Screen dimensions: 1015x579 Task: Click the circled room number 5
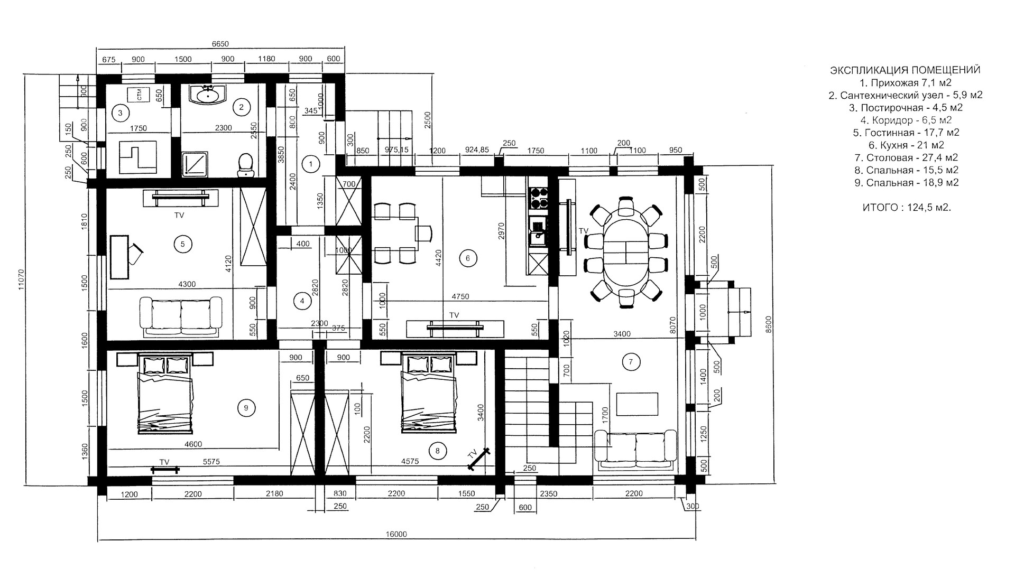[x=182, y=244]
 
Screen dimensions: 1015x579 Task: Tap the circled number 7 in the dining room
[x=631, y=362]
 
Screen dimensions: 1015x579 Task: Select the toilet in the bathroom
[x=246, y=164]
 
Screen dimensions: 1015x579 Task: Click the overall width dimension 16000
[x=396, y=534]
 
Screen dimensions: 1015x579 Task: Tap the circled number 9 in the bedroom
[x=246, y=407]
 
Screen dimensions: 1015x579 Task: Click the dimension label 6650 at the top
[x=220, y=44]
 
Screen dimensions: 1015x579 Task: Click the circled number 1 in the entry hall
[x=311, y=164]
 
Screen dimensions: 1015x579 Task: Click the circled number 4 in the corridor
[x=302, y=301]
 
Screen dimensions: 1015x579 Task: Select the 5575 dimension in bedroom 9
[x=211, y=462]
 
